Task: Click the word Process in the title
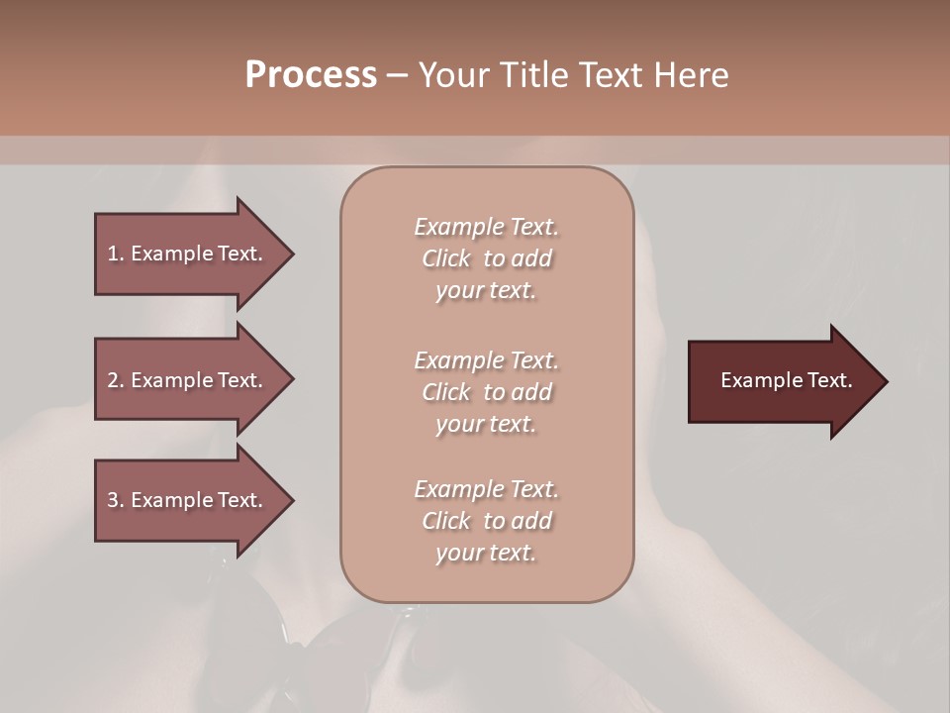click(x=311, y=75)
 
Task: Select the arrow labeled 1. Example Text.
click(x=188, y=254)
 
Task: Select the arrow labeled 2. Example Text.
click(x=188, y=380)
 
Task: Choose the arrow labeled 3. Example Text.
click(x=188, y=500)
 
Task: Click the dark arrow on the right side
click(x=782, y=381)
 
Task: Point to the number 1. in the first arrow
click(x=116, y=254)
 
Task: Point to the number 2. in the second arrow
click(x=116, y=380)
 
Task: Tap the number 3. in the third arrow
click(x=116, y=500)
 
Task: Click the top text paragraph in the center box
click(x=486, y=258)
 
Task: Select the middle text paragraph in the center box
click(x=486, y=391)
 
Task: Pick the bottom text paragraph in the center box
click(x=486, y=521)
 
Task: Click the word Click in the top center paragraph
click(x=446, y=258)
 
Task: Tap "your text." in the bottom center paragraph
click(x=486, y=553)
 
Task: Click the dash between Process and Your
click(x=398, y=75)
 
